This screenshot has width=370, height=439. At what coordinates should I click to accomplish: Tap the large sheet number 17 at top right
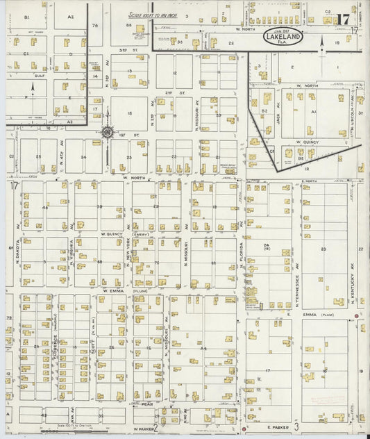(342, 19)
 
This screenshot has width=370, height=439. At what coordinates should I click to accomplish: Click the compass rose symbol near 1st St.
(108, 131)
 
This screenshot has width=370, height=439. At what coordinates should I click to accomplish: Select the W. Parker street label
(142, 428)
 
